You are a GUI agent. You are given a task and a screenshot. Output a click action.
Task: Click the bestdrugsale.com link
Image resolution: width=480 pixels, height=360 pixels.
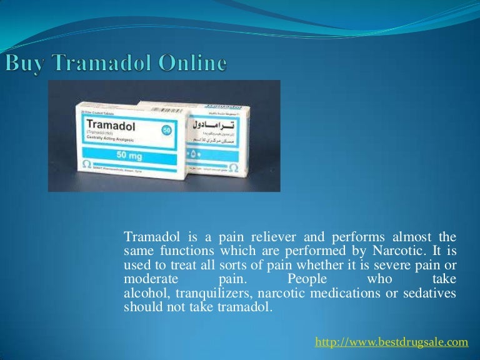tap(391, 341)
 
